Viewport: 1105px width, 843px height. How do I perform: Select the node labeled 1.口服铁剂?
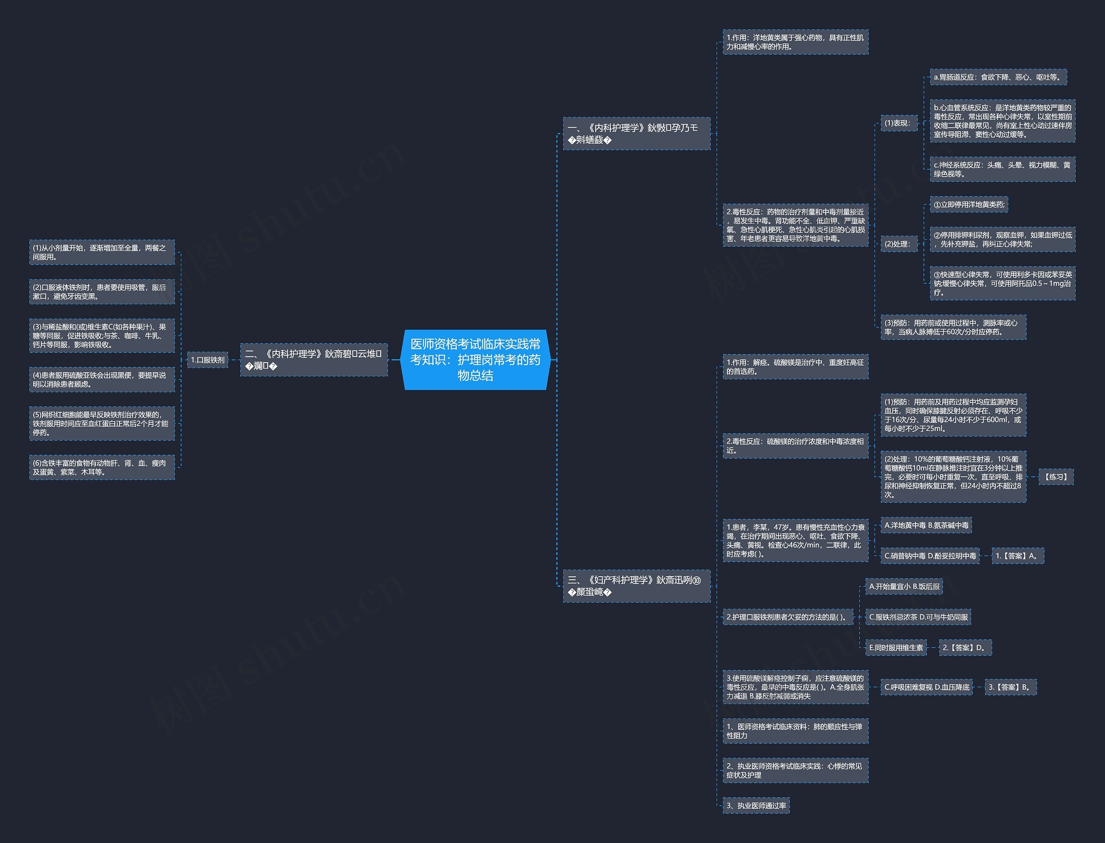[x=207, y=360]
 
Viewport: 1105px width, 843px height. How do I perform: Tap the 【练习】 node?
[x=1055, y=477]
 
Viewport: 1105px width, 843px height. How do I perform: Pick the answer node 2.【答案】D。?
[x=964, y=647]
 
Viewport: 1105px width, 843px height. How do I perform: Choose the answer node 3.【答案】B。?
[x=1010, y=687]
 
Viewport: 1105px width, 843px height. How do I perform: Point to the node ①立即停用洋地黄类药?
[x=968, y=204]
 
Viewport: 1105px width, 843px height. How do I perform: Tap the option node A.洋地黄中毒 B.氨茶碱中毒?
[x=926, y=525]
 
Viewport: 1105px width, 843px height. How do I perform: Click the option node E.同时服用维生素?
[x=896, y=647]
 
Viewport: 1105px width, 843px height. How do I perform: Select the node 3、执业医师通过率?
[x=756, y=805]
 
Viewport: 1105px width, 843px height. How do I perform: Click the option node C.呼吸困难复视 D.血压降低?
[x=926, y=687]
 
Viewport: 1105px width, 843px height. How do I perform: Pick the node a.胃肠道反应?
[x=998, y=77]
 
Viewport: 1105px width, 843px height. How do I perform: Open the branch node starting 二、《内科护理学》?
[x=314, y=360]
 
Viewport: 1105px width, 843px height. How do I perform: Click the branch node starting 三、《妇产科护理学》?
[x=636, y=586]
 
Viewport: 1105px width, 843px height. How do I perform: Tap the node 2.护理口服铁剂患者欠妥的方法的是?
[x=787, y=617]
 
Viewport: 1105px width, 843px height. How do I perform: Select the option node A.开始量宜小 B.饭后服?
[x=904, y=586]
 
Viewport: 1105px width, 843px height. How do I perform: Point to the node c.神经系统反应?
[x=1002, y=169]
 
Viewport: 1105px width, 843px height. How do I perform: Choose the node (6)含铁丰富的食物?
[x=102, y=467]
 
